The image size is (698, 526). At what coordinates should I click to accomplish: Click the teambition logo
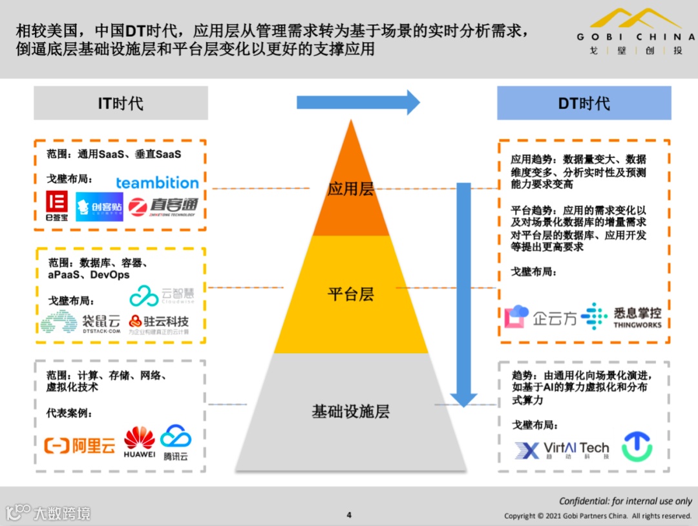pyautogui.click(x=157, y=182)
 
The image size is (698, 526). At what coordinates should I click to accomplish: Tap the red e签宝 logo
pyautogui.click(x=57, y=206)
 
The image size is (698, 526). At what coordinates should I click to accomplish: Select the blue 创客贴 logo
pyautogui.click(x=99, y=206)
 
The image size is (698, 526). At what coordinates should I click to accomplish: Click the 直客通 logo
pyautogui.click(x=162, y=206)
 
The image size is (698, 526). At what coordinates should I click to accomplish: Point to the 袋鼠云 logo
pyautogui.click(x=81, y=323)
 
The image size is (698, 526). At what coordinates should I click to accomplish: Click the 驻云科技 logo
pyautogui.click(x=158, y=323)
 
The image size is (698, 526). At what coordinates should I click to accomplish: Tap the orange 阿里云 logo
pyautogui.click(x=79, y=445)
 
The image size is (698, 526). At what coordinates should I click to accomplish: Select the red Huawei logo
pyautogui.click(x=140, y=443)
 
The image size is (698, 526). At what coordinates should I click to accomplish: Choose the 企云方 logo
pyautogui.click(x=540, y=317)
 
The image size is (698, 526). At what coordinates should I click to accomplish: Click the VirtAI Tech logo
pyautogui.click(x=562, y=450)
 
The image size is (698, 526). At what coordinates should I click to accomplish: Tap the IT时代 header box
pyautogui.click(x=121, y=103)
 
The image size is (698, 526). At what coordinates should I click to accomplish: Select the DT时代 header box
pyautogui.click(x=584, y=104)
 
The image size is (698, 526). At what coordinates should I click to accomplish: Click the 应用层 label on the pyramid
pyautogui.click(x=350, y=189)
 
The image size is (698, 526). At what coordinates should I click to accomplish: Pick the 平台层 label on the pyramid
pyautogui.click(x=350, y=294)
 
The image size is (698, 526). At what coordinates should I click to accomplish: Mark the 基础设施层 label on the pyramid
pyautogui.click(x=350, y=411)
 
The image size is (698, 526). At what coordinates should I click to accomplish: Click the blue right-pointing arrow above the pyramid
pyautogui.click(x=358, y=102)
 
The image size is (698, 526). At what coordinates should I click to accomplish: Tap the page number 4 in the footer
pyautogui.click(x=349, y=515)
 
